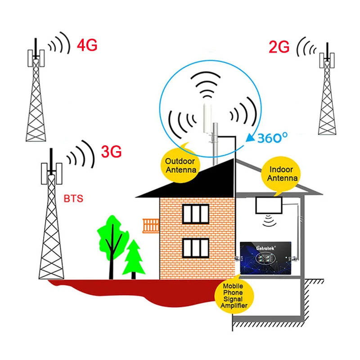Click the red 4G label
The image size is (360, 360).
tap(87, 45)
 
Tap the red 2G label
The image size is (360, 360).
tap(279, 47)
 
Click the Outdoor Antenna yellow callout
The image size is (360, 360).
tap(180, 165)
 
